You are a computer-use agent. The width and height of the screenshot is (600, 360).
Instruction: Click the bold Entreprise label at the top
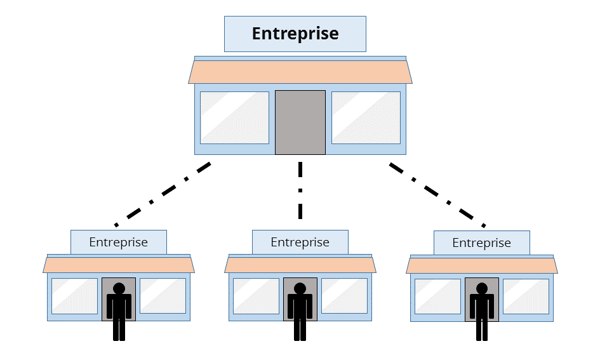tap(295, 34)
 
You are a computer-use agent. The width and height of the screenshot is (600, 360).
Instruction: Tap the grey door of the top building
tap(300, 122)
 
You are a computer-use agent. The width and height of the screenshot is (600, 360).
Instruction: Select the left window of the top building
tap(234, 117)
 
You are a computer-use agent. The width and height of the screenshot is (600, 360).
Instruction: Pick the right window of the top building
tap(366, 117)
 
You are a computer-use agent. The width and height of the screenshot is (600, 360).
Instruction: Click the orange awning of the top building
tap(300, 72)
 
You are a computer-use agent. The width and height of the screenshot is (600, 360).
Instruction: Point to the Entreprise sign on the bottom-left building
tap(118, 242)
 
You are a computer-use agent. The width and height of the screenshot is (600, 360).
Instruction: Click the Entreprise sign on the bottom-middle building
tap(300, 242)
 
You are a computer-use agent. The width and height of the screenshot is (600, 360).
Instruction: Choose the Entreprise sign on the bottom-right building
tap(481, 243)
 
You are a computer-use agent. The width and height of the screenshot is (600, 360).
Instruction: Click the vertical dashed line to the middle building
tap(300, 190)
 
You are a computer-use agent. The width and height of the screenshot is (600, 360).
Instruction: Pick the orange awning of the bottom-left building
tap(119, 264)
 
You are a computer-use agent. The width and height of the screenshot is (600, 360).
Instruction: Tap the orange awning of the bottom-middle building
tap(300, 264)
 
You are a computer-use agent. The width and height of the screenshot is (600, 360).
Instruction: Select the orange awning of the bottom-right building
tap(482, 265)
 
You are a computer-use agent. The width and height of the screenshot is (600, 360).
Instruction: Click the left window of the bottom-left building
tap(74, 296)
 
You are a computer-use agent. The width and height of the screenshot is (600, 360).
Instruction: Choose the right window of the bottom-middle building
tap(344, 296)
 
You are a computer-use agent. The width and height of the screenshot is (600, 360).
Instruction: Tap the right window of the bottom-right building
tap(526, 296)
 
